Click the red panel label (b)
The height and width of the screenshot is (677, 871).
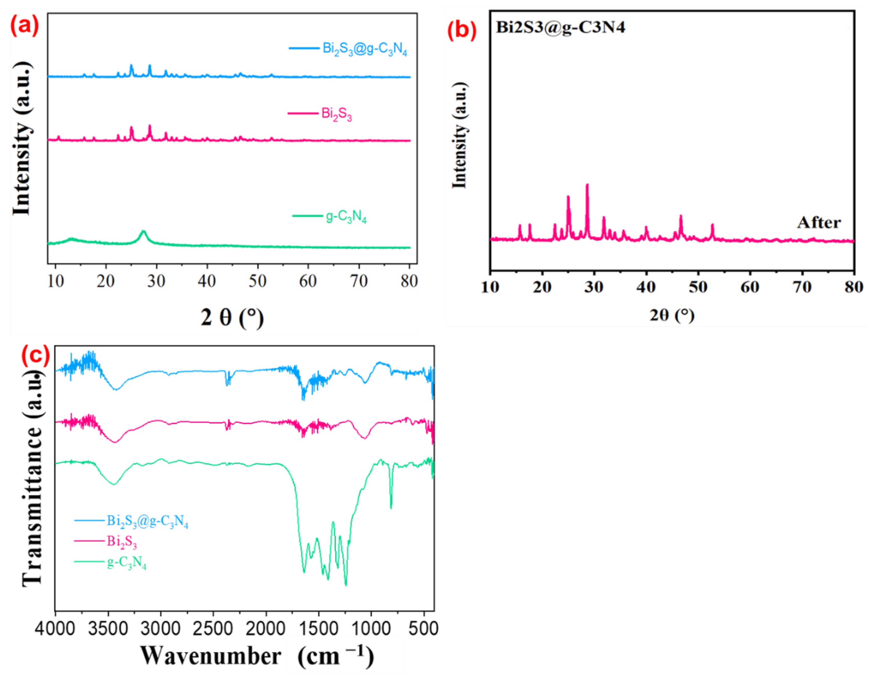[461, 31]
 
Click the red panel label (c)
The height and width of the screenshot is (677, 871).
[35, 355]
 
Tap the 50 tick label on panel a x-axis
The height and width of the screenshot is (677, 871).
[257, 282]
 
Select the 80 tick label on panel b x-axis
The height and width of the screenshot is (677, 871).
[853, 287]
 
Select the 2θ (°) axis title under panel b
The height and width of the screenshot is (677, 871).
[672, 315]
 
